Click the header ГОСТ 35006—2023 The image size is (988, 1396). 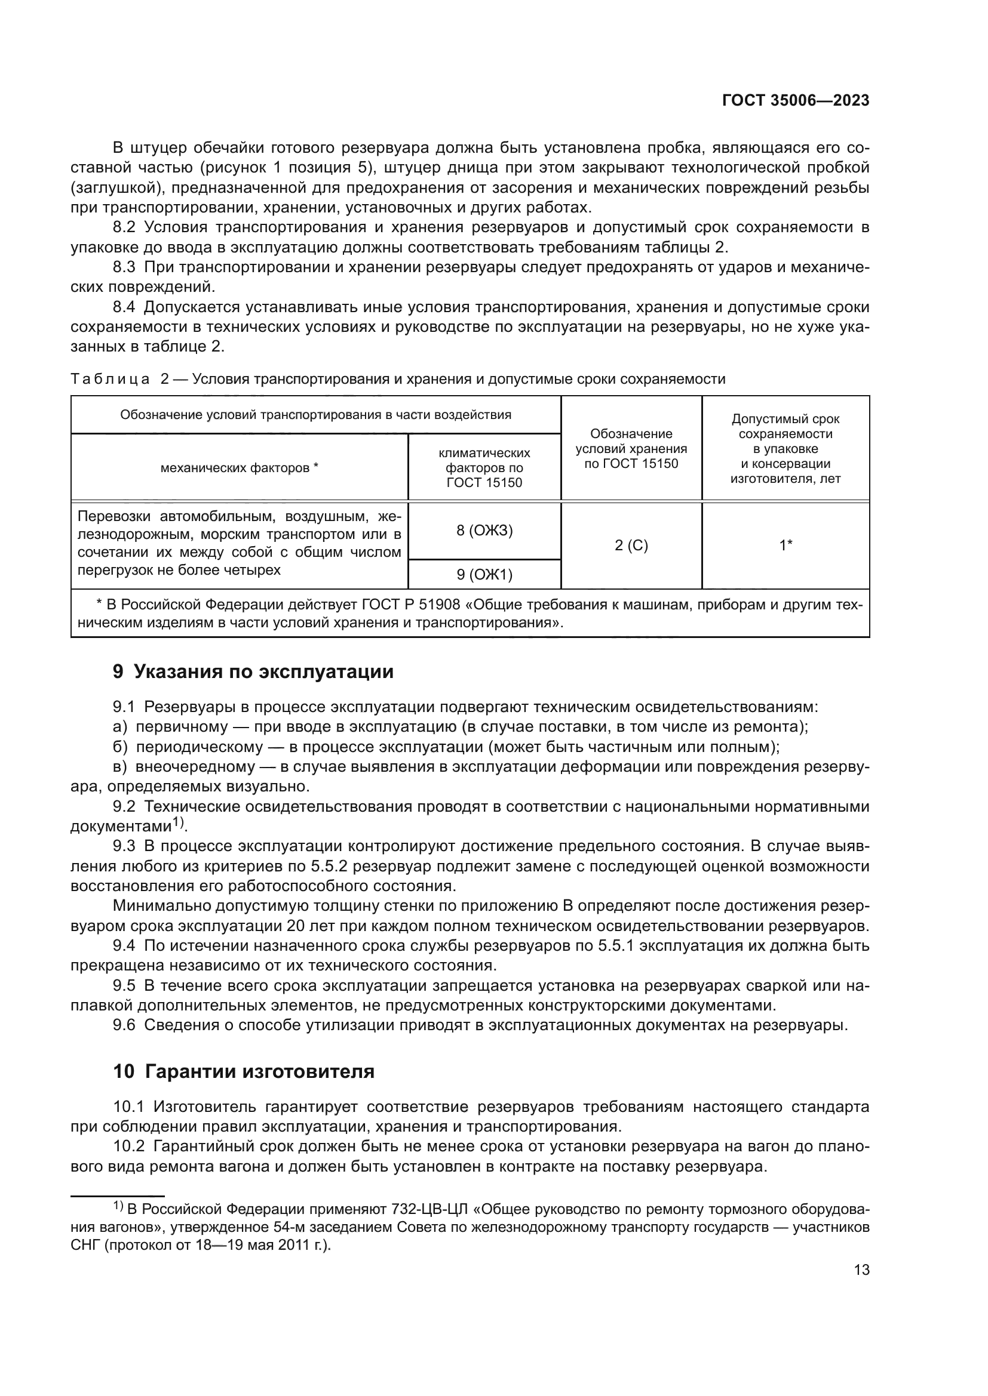(x=795, y=101)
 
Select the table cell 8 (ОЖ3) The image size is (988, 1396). (x=484, y=530)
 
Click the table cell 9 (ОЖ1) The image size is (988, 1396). (x=484, y=575)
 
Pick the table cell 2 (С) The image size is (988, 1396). (x=631, y=546)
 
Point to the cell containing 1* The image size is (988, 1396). (x=786, y=546)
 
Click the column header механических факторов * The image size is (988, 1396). (x=239, y=467)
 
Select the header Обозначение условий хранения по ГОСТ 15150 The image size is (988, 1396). (x=631, y=449)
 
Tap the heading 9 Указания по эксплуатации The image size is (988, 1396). (x=253, y=672)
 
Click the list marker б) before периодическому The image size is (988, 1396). (x=120, y=747)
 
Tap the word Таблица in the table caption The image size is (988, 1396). (x=110, y=380)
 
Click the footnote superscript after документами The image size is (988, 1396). (x=178, y=823)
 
